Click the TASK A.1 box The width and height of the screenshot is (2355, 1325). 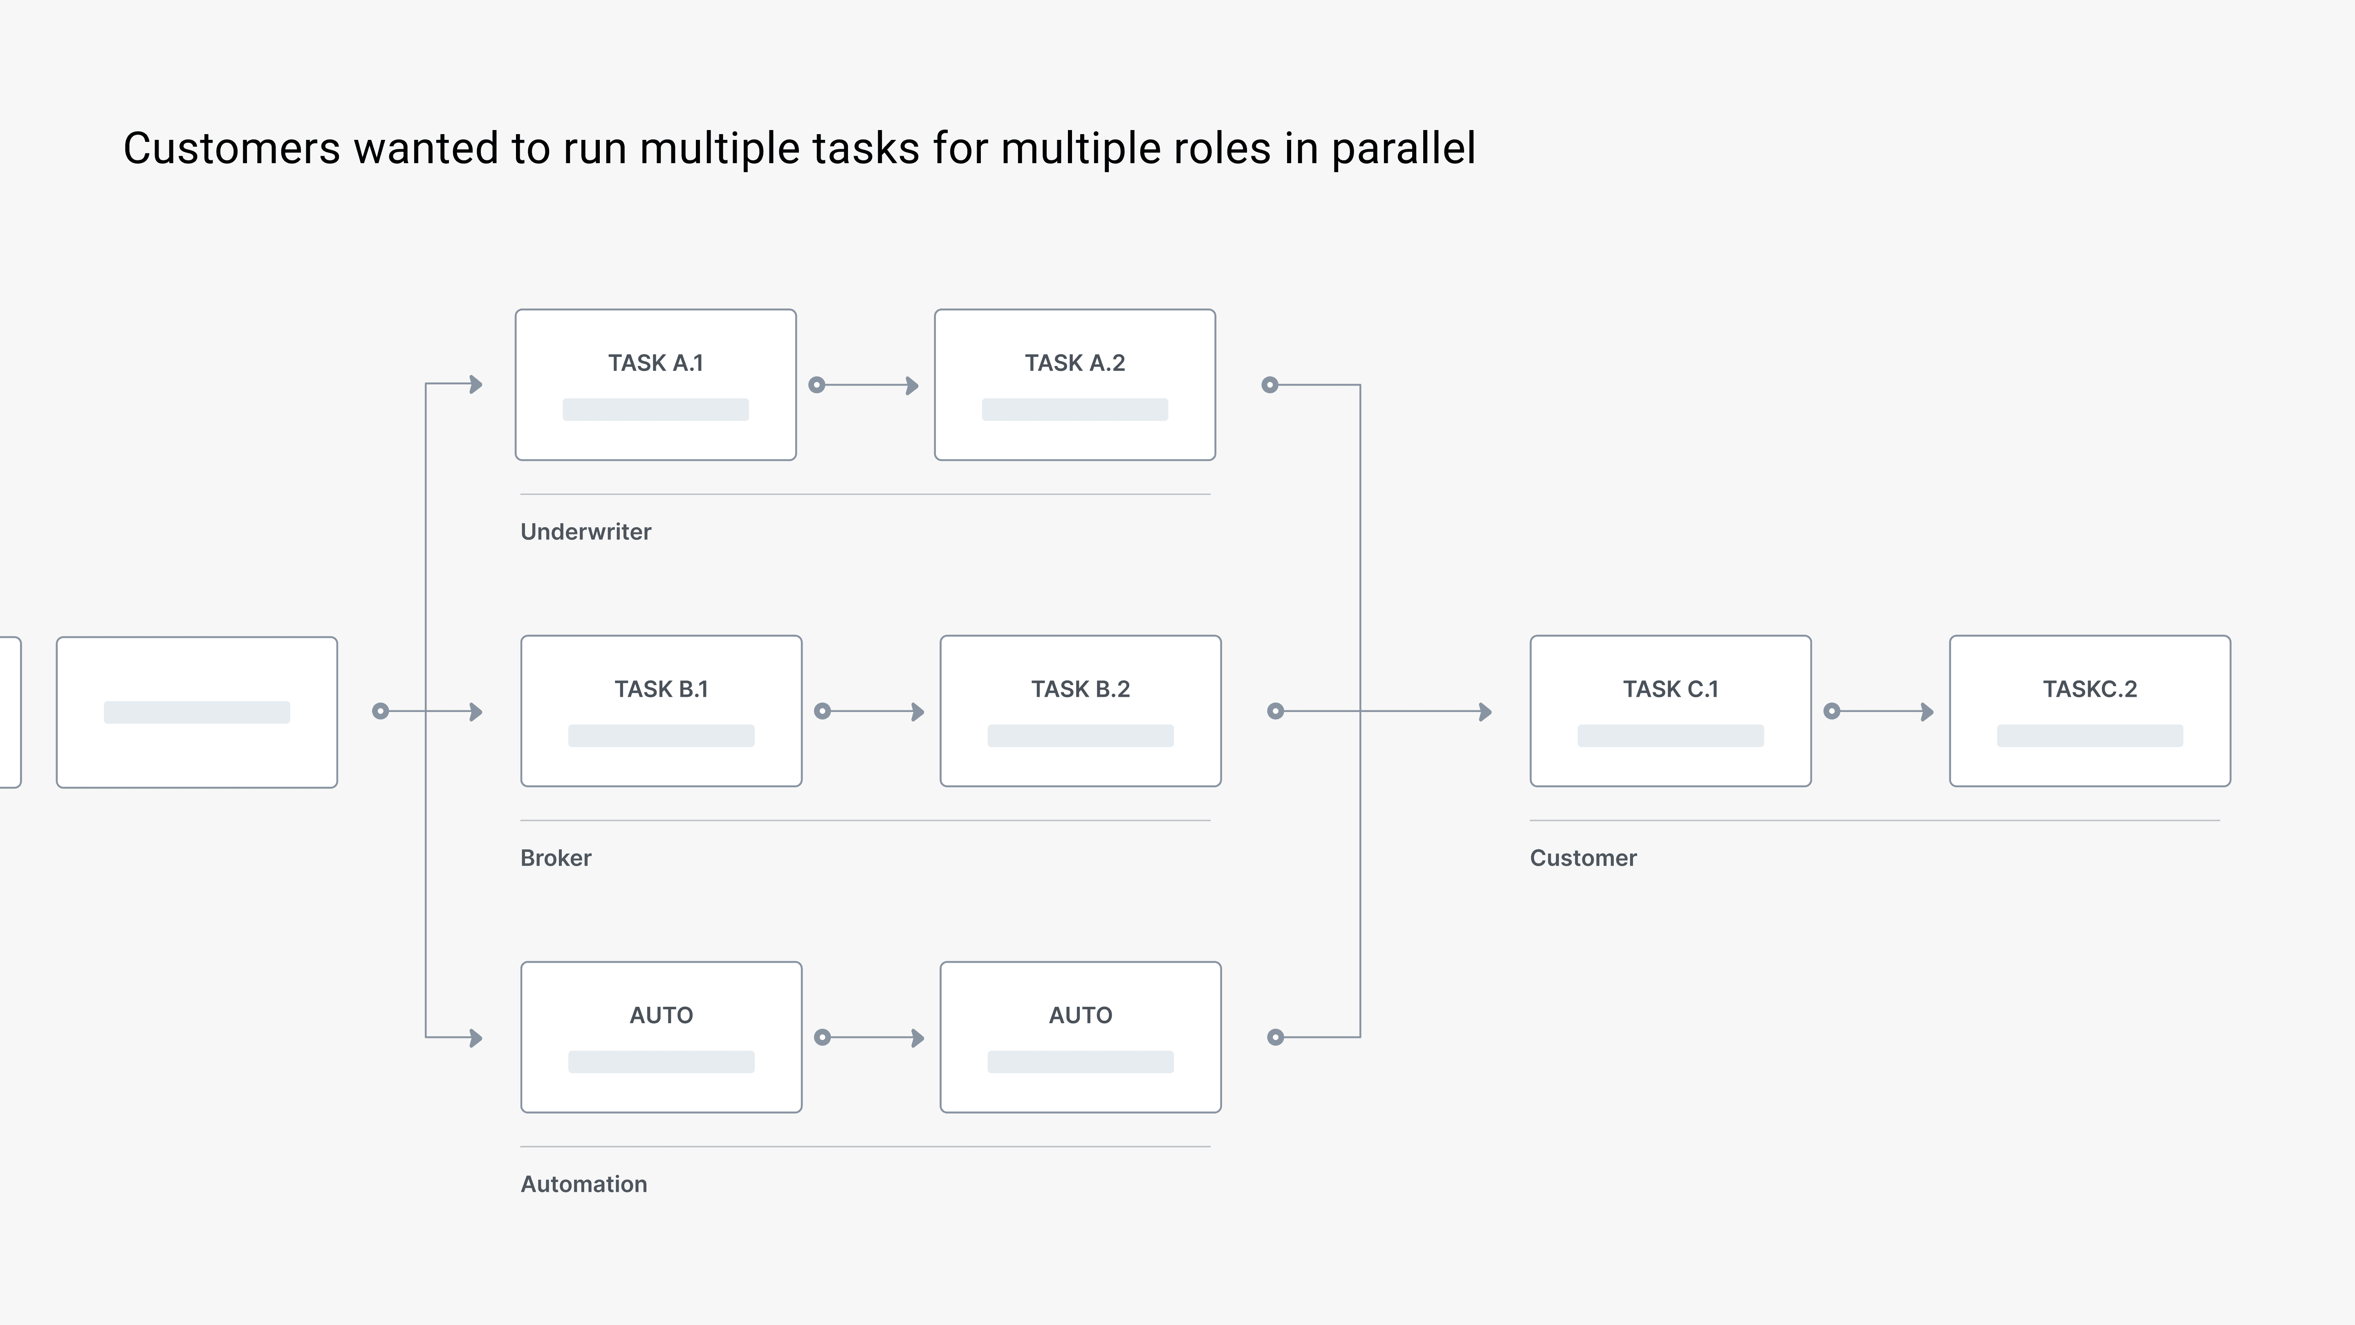(655, 385)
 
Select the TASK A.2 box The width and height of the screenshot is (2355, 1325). (1075, 385)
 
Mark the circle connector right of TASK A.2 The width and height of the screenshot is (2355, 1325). (1270, 385)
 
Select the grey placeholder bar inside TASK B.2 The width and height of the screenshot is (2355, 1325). (1081, 736)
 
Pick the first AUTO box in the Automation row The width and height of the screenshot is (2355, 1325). (661, 1037)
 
